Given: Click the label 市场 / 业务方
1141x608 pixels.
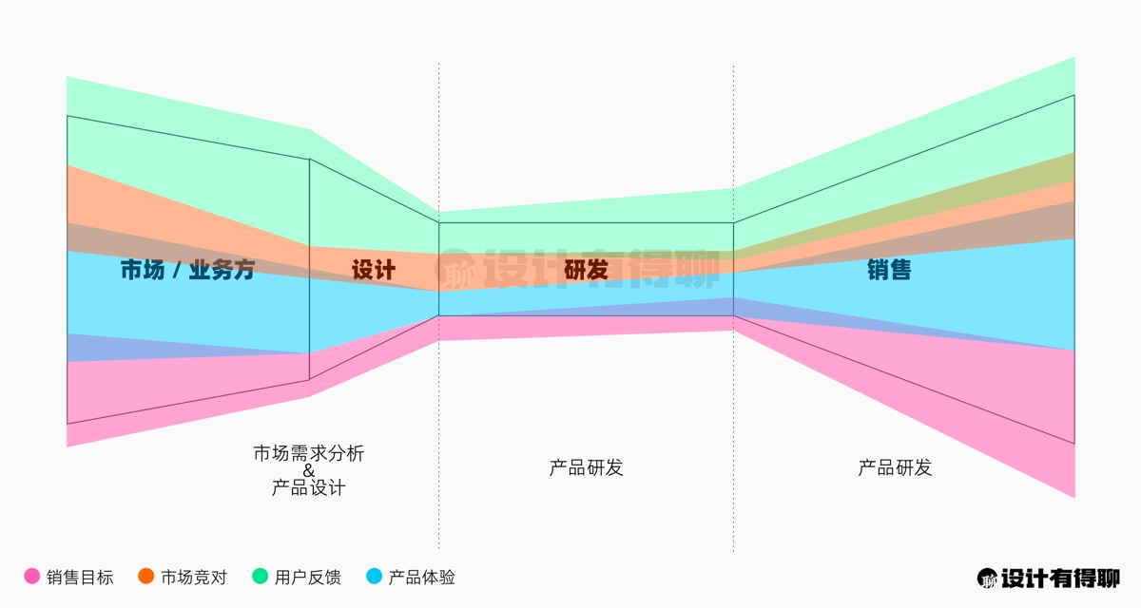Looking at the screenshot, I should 187,270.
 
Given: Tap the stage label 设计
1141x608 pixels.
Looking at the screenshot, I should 374,270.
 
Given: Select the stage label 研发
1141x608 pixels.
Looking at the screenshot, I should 586,270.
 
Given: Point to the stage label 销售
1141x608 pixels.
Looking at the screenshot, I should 889,270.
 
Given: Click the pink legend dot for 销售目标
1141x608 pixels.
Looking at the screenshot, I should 31,576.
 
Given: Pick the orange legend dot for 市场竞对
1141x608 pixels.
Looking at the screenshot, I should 145,576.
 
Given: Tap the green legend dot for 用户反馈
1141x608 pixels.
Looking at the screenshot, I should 260,576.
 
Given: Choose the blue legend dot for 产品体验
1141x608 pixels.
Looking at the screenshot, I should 374,576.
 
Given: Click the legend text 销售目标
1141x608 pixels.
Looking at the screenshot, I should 80,577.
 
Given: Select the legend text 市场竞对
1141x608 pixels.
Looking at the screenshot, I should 194,577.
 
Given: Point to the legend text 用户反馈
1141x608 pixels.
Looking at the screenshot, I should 308,577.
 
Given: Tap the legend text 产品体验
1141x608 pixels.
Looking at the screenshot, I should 422,577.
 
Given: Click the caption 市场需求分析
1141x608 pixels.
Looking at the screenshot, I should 309,453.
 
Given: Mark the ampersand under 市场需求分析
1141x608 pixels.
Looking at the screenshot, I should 309,470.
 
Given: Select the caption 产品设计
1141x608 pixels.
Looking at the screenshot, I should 309,488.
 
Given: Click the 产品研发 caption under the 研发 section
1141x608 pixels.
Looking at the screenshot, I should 586,467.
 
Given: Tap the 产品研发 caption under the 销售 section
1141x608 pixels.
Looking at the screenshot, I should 895,467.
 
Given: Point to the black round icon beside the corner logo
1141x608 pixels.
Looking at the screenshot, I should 988,578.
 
